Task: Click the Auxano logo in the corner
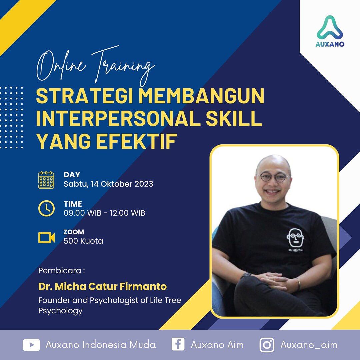tap(330, 31)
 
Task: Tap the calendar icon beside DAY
tap(46, 180)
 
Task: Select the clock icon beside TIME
tap(46, 209)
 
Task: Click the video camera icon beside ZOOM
tap(46, 237)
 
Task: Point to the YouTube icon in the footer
tap(31, 345)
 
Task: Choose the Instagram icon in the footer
tap(267, 345)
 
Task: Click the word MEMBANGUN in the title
tap(201, 96)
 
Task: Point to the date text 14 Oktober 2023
tap(120, 184)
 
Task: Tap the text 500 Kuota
tap(83, 241)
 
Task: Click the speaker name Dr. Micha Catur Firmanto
tap(102, 286)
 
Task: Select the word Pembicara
tap(60, 270)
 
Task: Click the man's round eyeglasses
tap(273, 177)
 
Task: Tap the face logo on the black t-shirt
tap(296, 237)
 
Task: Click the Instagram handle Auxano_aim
tap(309, 345)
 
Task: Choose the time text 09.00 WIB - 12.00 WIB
tap(104, 213)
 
